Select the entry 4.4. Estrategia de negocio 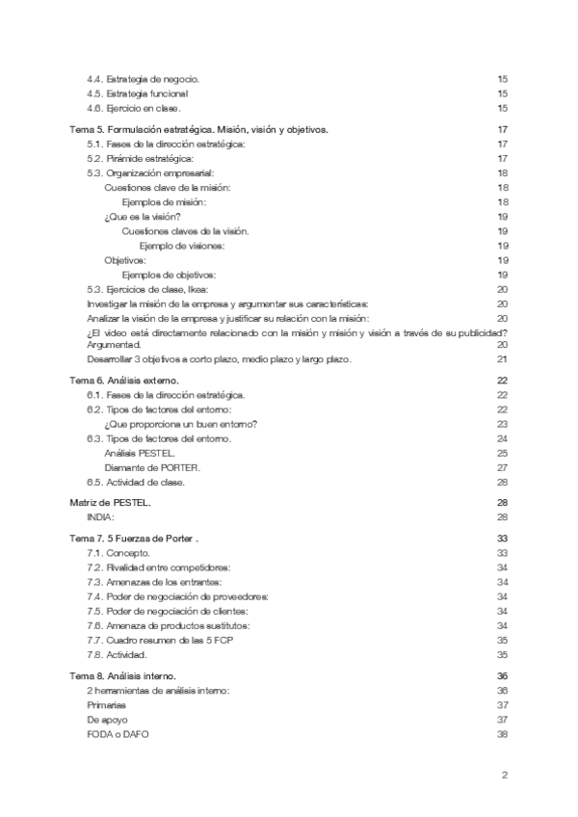(144, 78)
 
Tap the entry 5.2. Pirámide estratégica (140, 158)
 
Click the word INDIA (100, 517)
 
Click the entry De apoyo (107, 720)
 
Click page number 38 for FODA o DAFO (501, 734)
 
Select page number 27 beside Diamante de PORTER (502, 467)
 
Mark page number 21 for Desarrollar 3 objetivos (502, 359)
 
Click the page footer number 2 (504, 775)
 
